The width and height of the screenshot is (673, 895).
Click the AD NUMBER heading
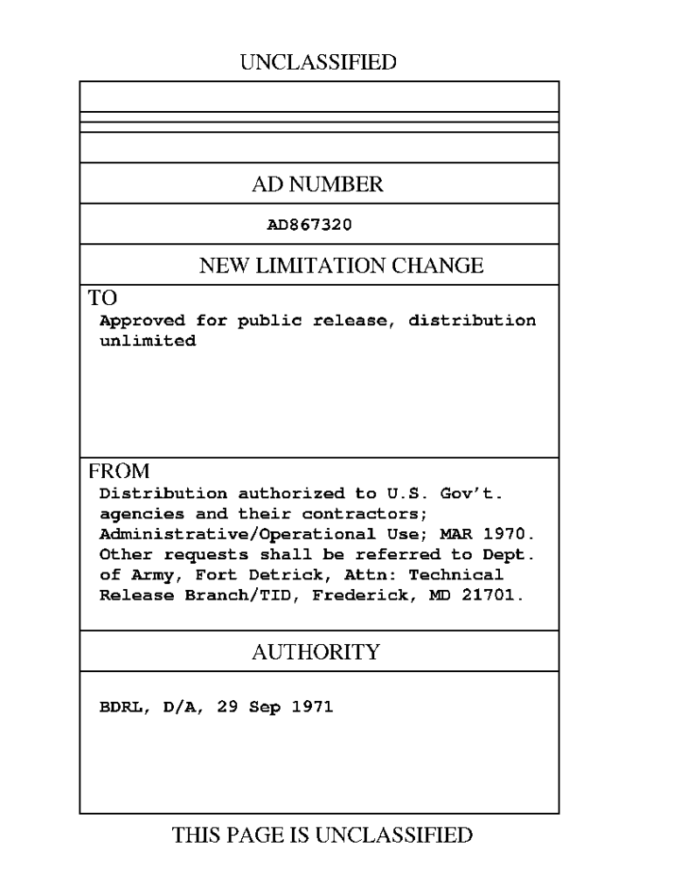318,184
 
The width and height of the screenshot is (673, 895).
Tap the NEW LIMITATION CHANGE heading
341,266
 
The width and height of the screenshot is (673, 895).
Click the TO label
102,297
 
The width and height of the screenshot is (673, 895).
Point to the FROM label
119,471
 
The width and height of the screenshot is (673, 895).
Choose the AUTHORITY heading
316,651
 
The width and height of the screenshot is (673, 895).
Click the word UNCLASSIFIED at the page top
318,62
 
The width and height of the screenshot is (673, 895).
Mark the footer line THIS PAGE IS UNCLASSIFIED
323,835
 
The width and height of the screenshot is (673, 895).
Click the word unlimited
148,341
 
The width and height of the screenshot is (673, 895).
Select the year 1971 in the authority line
312,707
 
